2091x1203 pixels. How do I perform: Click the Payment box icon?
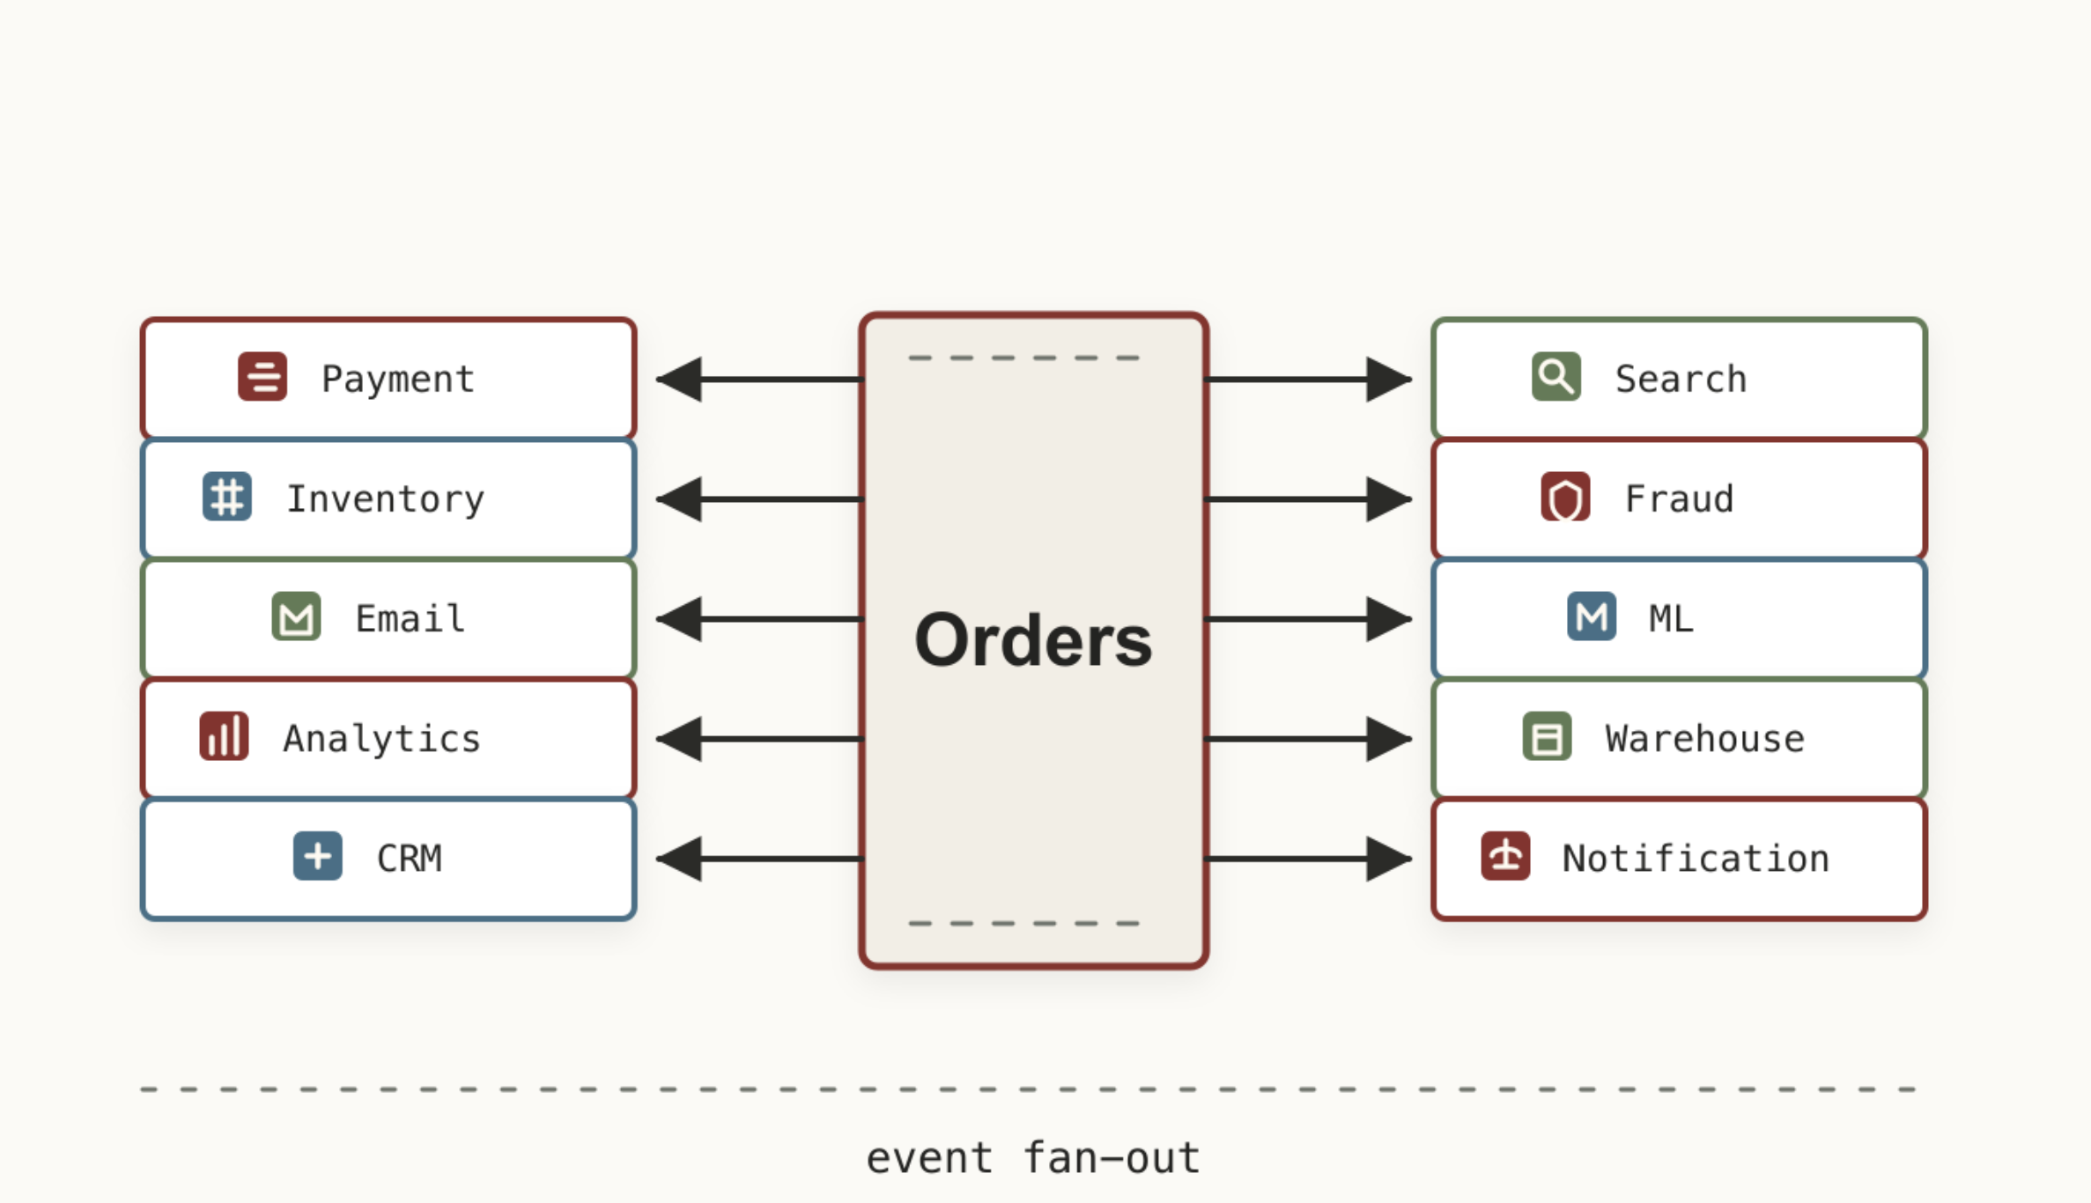[262, 377]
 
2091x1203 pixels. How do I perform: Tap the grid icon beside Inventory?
[227, 497]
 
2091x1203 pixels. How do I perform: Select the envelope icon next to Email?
[296, 616]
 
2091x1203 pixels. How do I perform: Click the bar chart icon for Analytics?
[224, 736]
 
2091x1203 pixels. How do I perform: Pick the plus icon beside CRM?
[318, 856]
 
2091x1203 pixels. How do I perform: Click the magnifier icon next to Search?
[1556, 377]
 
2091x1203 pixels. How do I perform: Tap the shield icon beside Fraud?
[1565, 497]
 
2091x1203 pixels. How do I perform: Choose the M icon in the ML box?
[1592, 616]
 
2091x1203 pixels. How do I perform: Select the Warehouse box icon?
[1548, 736]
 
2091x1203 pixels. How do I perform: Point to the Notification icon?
[1506, 856]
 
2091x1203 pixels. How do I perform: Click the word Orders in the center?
[1033, 640]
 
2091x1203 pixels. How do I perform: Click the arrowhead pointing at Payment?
[679, 380]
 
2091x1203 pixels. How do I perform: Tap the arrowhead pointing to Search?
[1389, 380]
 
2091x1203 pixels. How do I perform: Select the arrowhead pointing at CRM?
[679, 859]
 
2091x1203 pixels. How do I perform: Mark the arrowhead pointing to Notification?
[1389, 859]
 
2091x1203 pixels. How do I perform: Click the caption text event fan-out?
[1033, 1158]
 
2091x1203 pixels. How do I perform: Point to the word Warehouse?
[1704, 739]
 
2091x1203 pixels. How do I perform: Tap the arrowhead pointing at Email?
[679, 619]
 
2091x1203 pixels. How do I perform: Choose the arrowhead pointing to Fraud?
[1389, 499]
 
